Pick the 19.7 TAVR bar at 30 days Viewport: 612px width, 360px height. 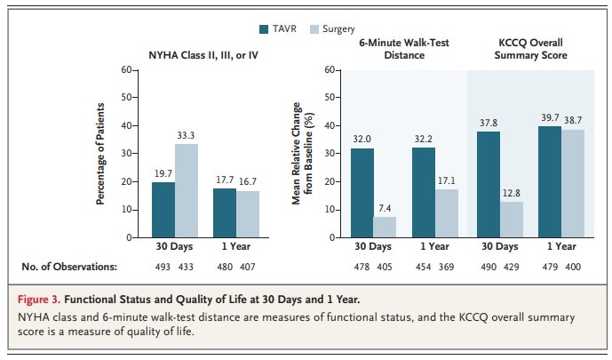click(163, 210)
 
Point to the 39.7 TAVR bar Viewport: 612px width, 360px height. click(550, 182)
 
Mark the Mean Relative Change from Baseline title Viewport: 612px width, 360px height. click(304, 153)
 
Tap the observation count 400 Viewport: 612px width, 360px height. click(574, 267)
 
